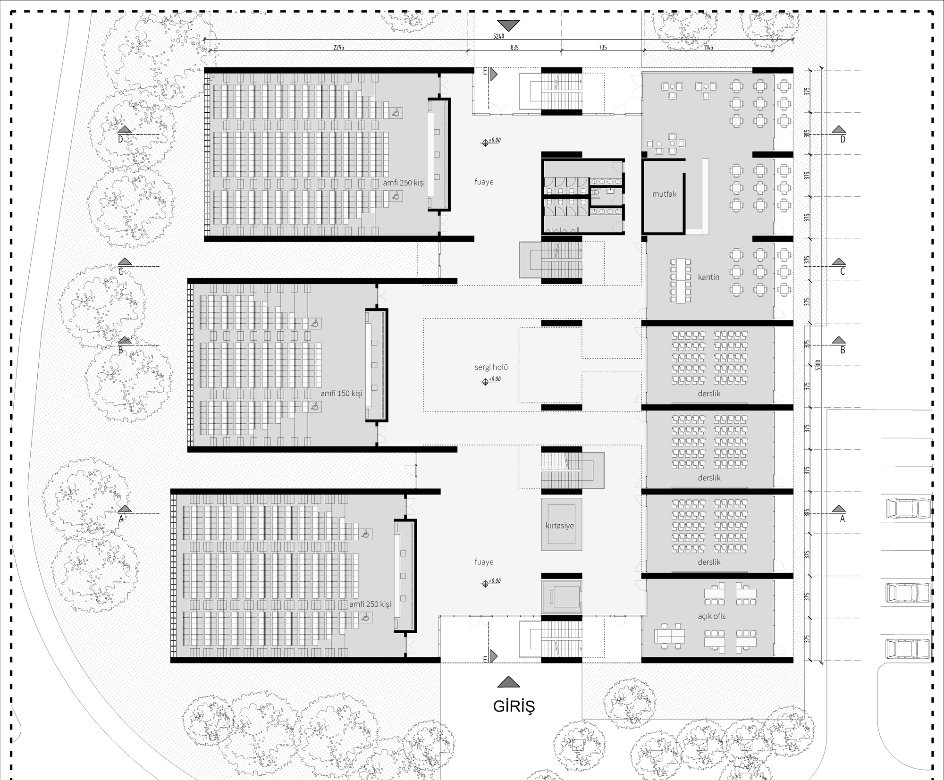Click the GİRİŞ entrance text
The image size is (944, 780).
514,706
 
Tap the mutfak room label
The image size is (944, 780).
664,194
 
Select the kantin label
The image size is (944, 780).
708,277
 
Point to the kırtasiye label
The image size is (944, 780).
560,526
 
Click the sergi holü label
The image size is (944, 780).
491,367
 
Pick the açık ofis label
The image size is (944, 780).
711,616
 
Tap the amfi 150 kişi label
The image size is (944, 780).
341,393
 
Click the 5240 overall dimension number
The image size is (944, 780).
498,36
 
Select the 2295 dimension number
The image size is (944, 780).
338,48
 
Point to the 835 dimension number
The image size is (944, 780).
514,48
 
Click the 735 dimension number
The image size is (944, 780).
602,48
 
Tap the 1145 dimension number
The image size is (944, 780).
708,48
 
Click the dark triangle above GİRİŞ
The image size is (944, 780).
508,682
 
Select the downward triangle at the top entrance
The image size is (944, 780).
508,25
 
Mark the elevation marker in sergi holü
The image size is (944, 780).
485,382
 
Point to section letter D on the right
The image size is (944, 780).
843,139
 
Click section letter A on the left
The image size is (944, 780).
121,519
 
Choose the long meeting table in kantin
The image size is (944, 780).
680,280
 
